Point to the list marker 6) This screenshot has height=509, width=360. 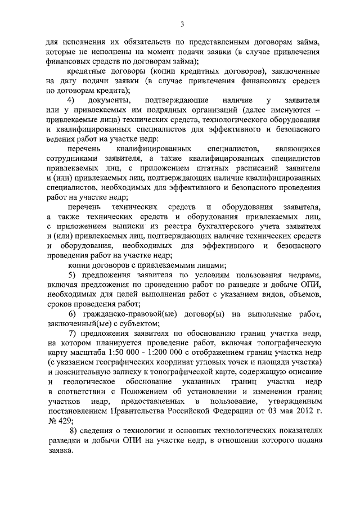point(72,313)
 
